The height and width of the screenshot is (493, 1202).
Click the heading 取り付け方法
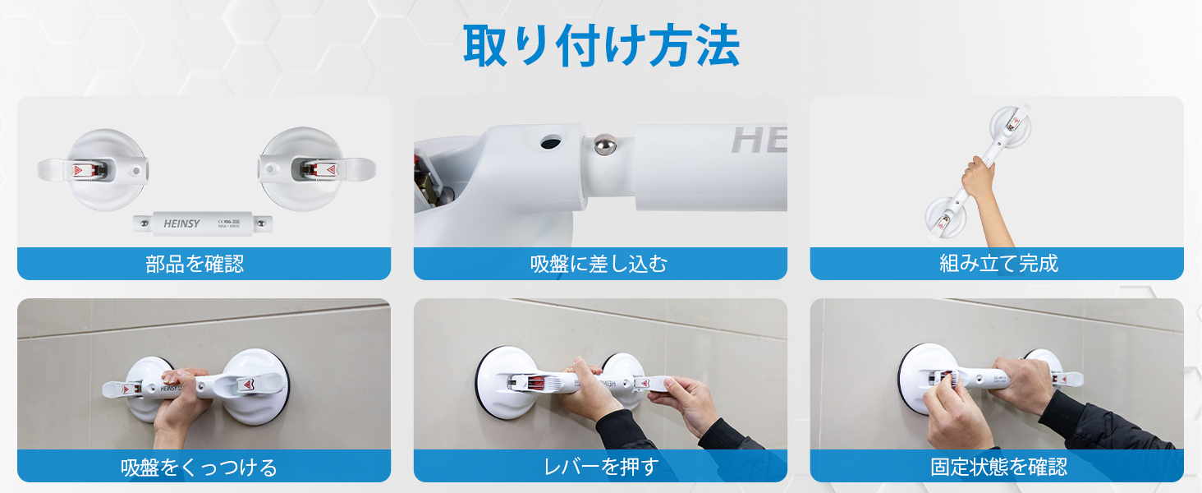[601, 46]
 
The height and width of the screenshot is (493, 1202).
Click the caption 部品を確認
[195, 264]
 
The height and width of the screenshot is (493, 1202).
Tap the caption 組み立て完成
[998, 264]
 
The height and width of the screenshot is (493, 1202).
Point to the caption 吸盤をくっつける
[199, 467]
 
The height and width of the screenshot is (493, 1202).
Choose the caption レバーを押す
[601, 467]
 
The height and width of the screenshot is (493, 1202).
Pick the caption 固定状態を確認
[998, 467]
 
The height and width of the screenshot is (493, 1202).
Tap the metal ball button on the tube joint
[605, 145]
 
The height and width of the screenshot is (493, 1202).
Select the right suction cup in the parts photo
[300, 169]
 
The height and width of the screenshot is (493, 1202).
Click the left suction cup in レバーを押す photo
[508, 382]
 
